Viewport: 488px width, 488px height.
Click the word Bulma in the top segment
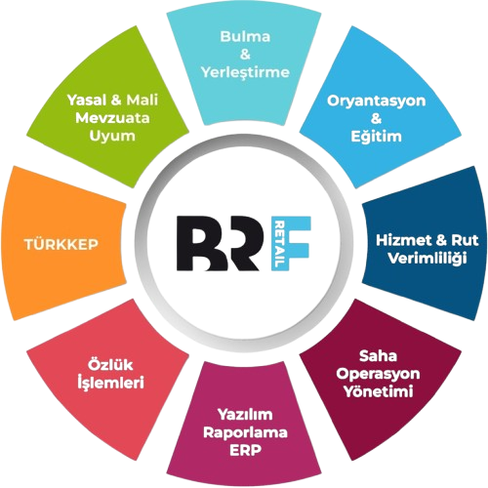tap(245, 36)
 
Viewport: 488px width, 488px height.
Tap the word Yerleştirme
tap(245, 72)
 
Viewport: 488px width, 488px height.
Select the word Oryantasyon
tap(376, 102)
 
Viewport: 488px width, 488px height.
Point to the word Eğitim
tap(376, 136)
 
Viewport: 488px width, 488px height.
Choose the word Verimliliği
tap(427, 259)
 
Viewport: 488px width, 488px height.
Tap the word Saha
tap(378, 356)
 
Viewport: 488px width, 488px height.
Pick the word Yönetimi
tap(379, 391)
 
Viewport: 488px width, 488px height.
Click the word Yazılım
tap(245, 415)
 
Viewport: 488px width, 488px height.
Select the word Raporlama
tap(245, 432)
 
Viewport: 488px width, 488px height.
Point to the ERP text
tap(245, 450)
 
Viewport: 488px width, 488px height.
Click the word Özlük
tap(110, 364)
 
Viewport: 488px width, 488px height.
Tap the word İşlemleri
tap(110, 383)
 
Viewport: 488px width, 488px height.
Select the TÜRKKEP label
tap(61, 244)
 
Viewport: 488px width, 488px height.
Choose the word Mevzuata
tap(112, 118)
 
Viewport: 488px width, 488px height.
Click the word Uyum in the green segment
tap(112, 136)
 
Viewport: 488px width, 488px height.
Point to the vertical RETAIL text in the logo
tap(280, 244)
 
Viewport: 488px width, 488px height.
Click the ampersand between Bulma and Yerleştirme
tap(245, 55)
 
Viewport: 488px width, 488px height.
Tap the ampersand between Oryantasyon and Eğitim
tap(376, 119)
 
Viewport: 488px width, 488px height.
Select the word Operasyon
tap(378, 374)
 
